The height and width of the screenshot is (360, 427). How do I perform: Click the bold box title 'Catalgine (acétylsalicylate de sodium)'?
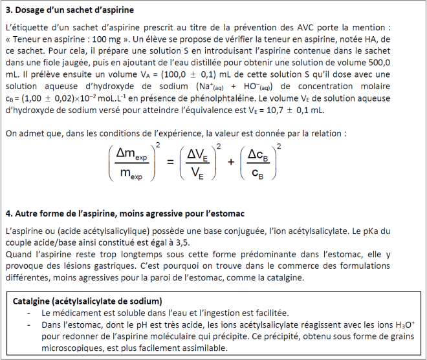coord(88,301)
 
